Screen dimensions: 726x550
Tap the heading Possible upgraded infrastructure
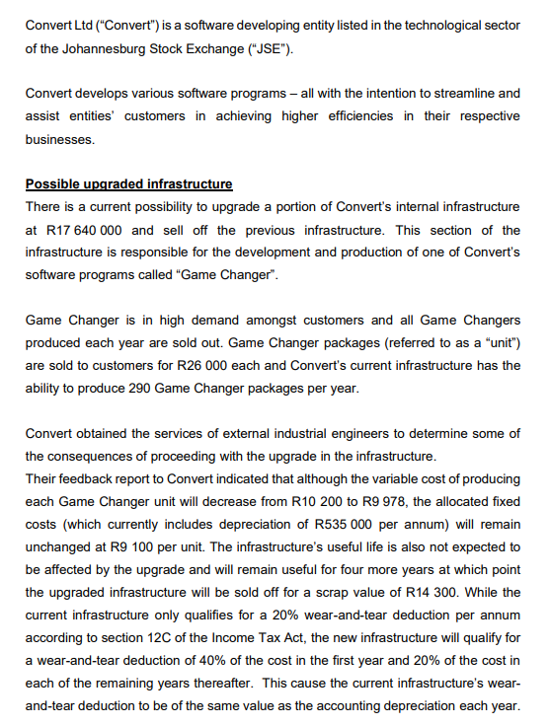(x=129, y=183)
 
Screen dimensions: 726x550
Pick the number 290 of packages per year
(x=143, y=387)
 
